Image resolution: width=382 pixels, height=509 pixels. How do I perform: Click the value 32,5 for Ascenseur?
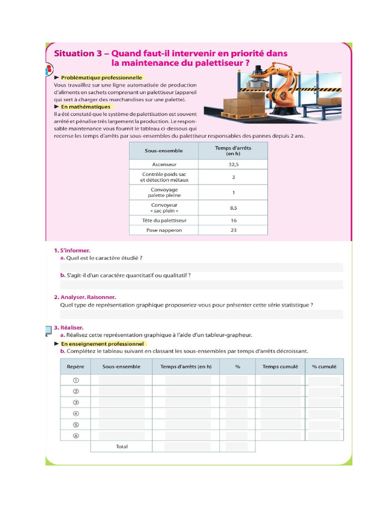(233, 164)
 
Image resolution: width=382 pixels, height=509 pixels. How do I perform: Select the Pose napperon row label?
(164, 230)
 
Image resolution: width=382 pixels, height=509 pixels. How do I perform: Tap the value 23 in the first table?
(233, 230)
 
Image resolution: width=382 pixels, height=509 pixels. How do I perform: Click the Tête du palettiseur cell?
(164, 220)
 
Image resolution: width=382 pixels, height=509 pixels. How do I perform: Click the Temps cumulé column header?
(280, 367)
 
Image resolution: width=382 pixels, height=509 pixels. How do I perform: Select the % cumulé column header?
(324, 367)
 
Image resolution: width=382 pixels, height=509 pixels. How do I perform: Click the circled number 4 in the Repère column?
(76, 414)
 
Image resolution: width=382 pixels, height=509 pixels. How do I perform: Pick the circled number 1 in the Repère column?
(76, 380)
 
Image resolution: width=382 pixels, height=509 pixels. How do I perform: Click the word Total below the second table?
(121, 446)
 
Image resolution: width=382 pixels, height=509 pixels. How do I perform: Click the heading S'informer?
(75, 251)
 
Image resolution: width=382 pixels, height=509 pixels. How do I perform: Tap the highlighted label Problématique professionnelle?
(101, 78)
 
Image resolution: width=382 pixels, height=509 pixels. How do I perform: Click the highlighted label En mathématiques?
(86, 106)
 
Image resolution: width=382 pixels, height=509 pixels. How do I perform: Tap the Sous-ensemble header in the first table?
(164, 151)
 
